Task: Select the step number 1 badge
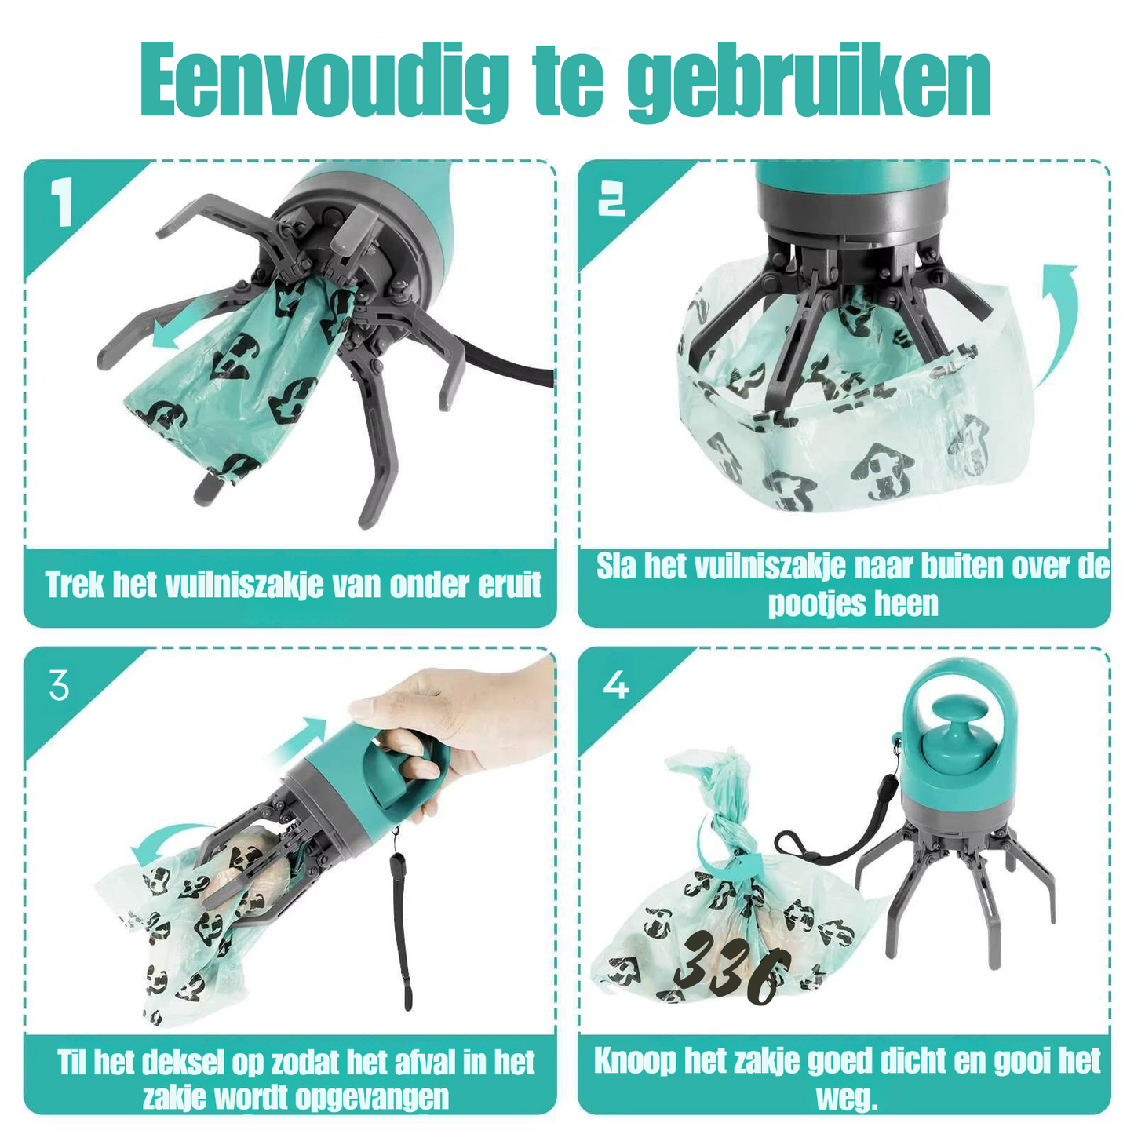click(x=62, y=202)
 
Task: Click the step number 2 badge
click(x=612, y=202)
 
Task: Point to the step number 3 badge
click(x=60, y=686)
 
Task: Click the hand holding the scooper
click(x=463, y=722)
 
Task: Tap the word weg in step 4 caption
click(x=846, y=1097)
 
